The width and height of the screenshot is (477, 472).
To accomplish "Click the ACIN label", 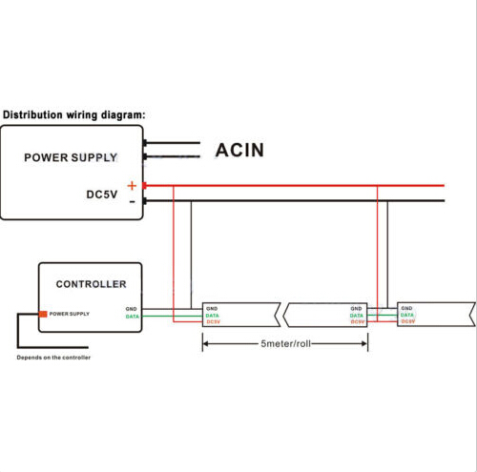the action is tap(239, 150).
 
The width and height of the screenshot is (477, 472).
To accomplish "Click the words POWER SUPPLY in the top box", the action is tap(71, 157).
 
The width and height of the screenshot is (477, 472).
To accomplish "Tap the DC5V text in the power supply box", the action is tap(102, 195).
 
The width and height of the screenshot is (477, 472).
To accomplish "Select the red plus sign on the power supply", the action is tap(132, 185).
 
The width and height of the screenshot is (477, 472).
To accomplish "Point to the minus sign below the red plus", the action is tap(133, 202).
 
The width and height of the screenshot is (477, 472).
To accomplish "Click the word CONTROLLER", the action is tap(91, 284).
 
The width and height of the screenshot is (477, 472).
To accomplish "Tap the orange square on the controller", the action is tap(43, 314).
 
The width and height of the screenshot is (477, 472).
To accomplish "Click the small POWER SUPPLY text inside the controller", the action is tap(70, 314).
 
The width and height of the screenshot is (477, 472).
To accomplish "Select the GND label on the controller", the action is tap(131, 309).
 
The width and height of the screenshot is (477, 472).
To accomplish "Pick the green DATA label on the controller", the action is tap(132, 317).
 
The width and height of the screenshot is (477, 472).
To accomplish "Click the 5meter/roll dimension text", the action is tap(285, 343).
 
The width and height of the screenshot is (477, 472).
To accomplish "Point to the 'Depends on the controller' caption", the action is tap(53, 358).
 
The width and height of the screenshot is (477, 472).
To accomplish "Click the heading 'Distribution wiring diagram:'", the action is tap(73, 114).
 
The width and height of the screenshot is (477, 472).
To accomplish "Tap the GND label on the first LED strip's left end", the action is tap(212, 309).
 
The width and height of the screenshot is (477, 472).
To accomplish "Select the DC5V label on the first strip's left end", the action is tap(213, 322).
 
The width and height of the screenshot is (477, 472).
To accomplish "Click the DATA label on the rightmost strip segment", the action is tap(407, 315).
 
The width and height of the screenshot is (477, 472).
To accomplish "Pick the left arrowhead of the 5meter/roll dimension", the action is tap(206, 343).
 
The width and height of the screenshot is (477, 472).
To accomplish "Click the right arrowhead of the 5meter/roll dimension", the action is tap(364, 343).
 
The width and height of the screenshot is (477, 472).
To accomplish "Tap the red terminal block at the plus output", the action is tap(144, 186).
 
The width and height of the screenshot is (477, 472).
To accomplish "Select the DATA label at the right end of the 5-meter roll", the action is tap(357, 316).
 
